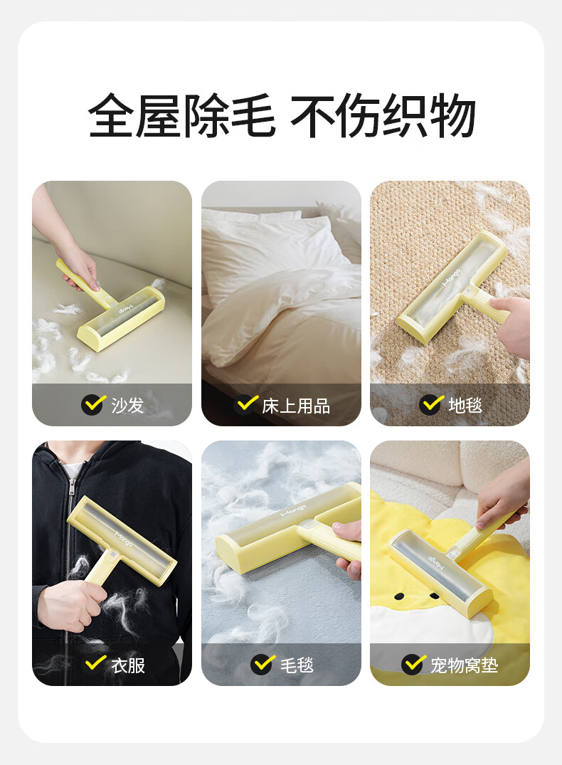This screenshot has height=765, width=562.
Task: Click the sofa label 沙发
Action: [x=127, y=405]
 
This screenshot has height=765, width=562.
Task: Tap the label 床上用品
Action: [x=296, y=406]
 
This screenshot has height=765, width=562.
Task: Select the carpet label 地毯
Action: [x=465, y=405]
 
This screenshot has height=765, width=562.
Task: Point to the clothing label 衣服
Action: [x=128, y=665]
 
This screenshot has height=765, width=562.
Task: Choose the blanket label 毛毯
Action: [x=297, y=665]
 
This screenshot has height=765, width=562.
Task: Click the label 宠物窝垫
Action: [x=464, y=665]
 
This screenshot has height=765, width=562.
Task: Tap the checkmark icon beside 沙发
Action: [x=93, y=404]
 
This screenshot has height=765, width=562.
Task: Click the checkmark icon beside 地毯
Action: [x=431, y=404]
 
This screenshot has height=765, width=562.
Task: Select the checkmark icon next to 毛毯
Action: [x=263, y=664]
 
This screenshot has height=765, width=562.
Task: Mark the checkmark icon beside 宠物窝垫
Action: [x=414, y=664]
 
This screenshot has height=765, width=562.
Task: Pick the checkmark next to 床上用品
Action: [x=247, y=404]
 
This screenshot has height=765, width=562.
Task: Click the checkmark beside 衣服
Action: [x=95, y=663]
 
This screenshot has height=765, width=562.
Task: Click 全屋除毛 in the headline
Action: [x=181, y=115]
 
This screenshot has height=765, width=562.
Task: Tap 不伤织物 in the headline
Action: [x=383, y=115]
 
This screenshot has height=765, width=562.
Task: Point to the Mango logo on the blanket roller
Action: [x=294, y=511]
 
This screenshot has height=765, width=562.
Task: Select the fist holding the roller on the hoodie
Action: [x=70, y=604]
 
